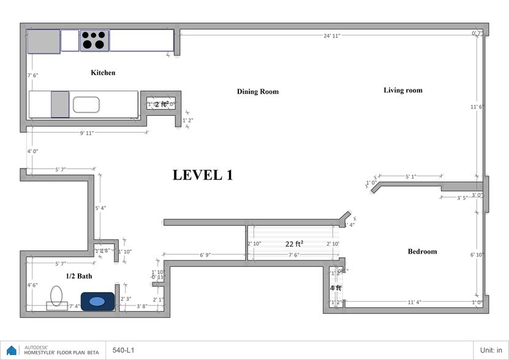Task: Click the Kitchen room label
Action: click(x=103, y=73)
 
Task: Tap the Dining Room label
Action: click(x=257, y=92)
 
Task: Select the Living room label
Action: click(x=403, y=91)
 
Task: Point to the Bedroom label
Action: click(x=422, y=252)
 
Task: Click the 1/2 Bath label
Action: click(x=79, y=277)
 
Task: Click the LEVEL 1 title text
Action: click(x=203, y=175)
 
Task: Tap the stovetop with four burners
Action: click(x=94, y=40)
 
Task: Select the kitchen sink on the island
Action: click(x=86, y=105)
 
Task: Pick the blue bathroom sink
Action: click(x=97, y=301)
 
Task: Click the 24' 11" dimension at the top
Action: click(x=332, y=36)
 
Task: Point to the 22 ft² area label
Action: click(x=295, y=244)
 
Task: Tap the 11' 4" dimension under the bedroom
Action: click(x=414, y=302)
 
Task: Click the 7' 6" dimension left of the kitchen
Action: click(x=33, y=75)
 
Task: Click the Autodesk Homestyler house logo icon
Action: click(x=12, y=351)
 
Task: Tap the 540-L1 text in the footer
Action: click(x=124, y=351)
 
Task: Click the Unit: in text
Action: click(x=492, y=351)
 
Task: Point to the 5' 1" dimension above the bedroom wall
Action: click(x=410, y=177)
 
